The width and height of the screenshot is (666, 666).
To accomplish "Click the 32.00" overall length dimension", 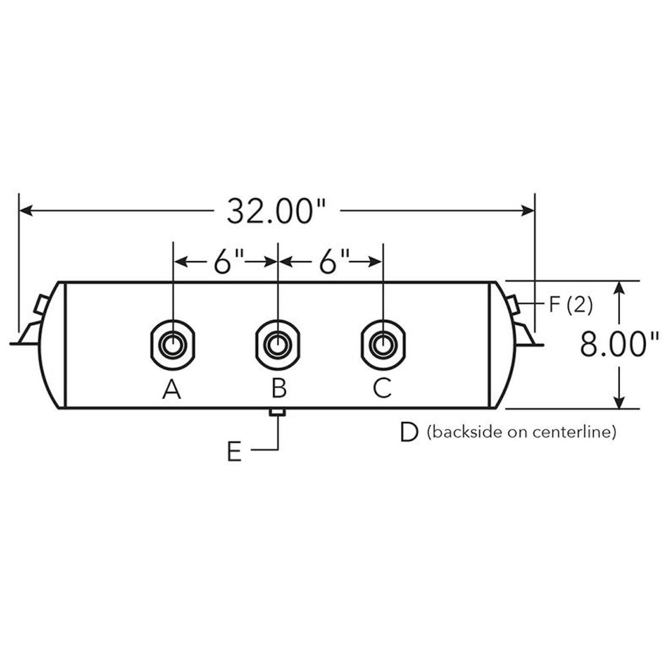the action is click(x=276, y=212).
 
